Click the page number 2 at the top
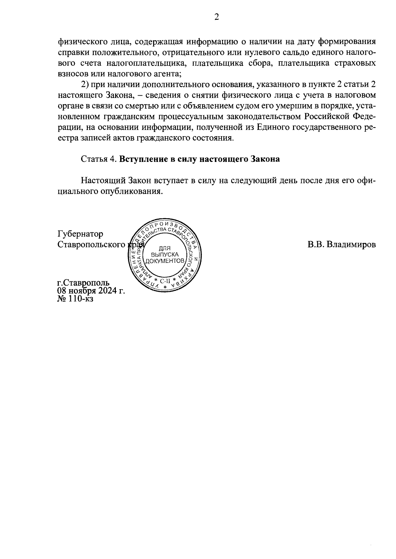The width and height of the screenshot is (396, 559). point(216,17)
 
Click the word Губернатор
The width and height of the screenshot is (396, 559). point(80,234)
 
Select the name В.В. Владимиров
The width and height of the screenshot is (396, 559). point(342,245)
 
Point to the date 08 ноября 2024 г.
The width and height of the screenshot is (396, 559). point(91,291)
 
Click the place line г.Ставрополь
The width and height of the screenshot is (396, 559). point(83,283)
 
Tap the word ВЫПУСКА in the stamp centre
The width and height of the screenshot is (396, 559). point(165,255)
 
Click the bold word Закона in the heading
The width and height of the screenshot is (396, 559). point(265,159)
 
